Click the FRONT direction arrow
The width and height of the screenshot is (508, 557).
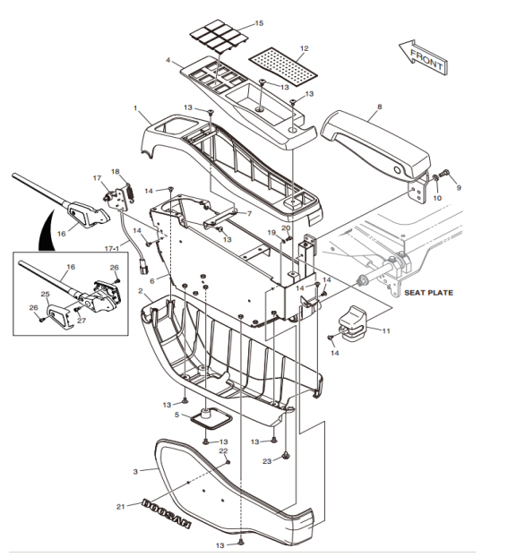point(423,57)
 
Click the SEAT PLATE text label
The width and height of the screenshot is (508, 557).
point(429,293)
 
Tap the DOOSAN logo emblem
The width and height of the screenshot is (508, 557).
point(167,514)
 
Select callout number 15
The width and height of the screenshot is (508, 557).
point(259,23)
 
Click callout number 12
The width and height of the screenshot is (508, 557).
point(304,48)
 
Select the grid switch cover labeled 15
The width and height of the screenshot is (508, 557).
point(217,37)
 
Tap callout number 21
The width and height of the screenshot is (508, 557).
point(121,506)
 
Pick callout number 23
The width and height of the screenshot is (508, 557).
point(267,461)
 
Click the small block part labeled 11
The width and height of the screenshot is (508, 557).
point(353,323)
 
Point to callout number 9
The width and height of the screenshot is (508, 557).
point(459,187)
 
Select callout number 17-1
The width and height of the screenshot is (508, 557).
point(112,249)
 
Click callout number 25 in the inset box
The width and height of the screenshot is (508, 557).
point(45,294)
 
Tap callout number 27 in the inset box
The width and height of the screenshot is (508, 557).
point(82,321)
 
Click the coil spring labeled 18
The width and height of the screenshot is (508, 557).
point(131,193)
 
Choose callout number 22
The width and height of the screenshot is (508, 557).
point(223,450)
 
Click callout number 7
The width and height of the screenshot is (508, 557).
point(249,213)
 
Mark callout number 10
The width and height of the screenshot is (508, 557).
point(437,198)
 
